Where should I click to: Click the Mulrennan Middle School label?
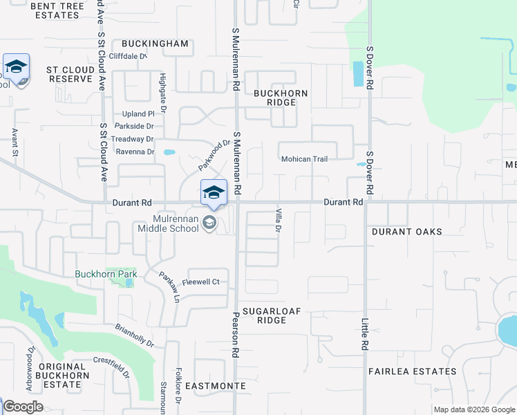pyautogui.click(x=168, y=223)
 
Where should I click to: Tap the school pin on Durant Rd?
pyautogui.click(x=214, y=193)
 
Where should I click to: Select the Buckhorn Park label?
pyautogui.click(x=106, y=274)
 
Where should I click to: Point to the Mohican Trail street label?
pyautogui.click(x=304, y=159)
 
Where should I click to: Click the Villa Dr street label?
pyautogui.click(x=279, y=219)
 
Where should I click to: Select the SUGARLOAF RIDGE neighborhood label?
pyautogui.click(x=271, y=315)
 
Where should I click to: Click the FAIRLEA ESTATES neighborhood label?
pyautogui.click(x=412, y=371)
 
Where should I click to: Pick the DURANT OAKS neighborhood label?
pyautogui.click(x=406, y=232)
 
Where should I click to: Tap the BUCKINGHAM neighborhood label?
pyautogui.click(x=156, y=44)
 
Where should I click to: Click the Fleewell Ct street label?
pyautogui.click(x=200, y=282)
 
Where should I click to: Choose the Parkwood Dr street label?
pyautogui.click(x=214, y=155)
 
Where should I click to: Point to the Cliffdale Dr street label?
pyautogui.click(x=128, y=56)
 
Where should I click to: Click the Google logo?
pyautogui.click(x=22, y=407)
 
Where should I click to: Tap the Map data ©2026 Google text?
pyautogui.click(x=473, y=409)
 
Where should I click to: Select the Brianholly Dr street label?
pyautogui.click(x=134, y=335)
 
